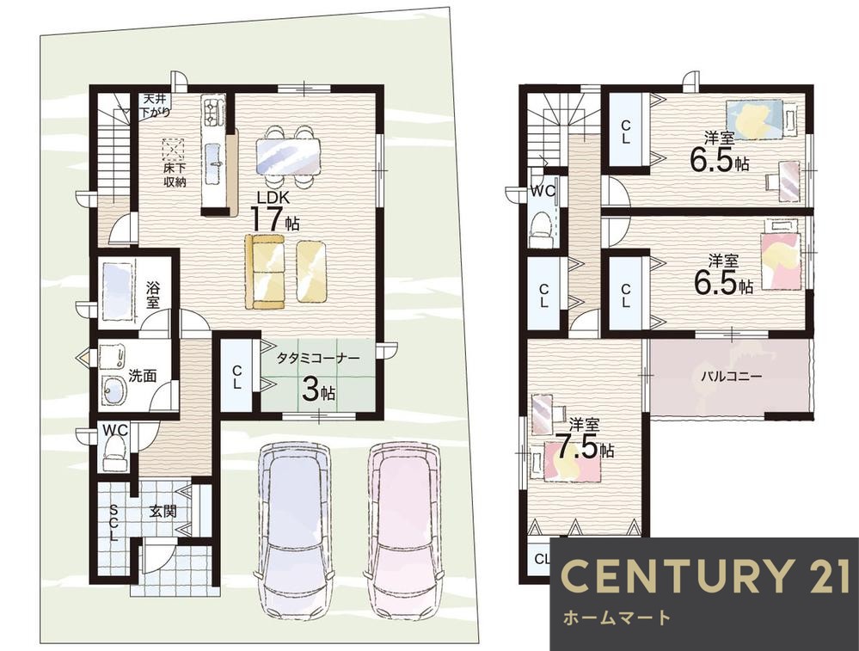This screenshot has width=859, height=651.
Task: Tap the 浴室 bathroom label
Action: pos(153,294)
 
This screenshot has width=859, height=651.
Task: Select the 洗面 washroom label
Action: pos(143,376)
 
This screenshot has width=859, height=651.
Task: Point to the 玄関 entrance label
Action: pos(163,512)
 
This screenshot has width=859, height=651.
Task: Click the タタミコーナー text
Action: pos(318,359)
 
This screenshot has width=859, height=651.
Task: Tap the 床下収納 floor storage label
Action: pos(175,175)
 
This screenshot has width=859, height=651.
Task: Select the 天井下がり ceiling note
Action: pos(156,106)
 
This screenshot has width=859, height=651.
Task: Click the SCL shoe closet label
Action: pos(114,523)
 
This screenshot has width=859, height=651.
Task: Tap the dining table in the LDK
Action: pos(288,155)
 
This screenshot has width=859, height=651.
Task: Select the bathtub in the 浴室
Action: pos(117,291)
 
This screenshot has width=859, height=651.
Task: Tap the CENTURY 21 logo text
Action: pos(706,575)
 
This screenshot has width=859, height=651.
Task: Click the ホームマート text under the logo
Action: pos(617,618)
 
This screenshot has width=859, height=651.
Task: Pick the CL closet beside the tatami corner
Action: pos(236,377)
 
